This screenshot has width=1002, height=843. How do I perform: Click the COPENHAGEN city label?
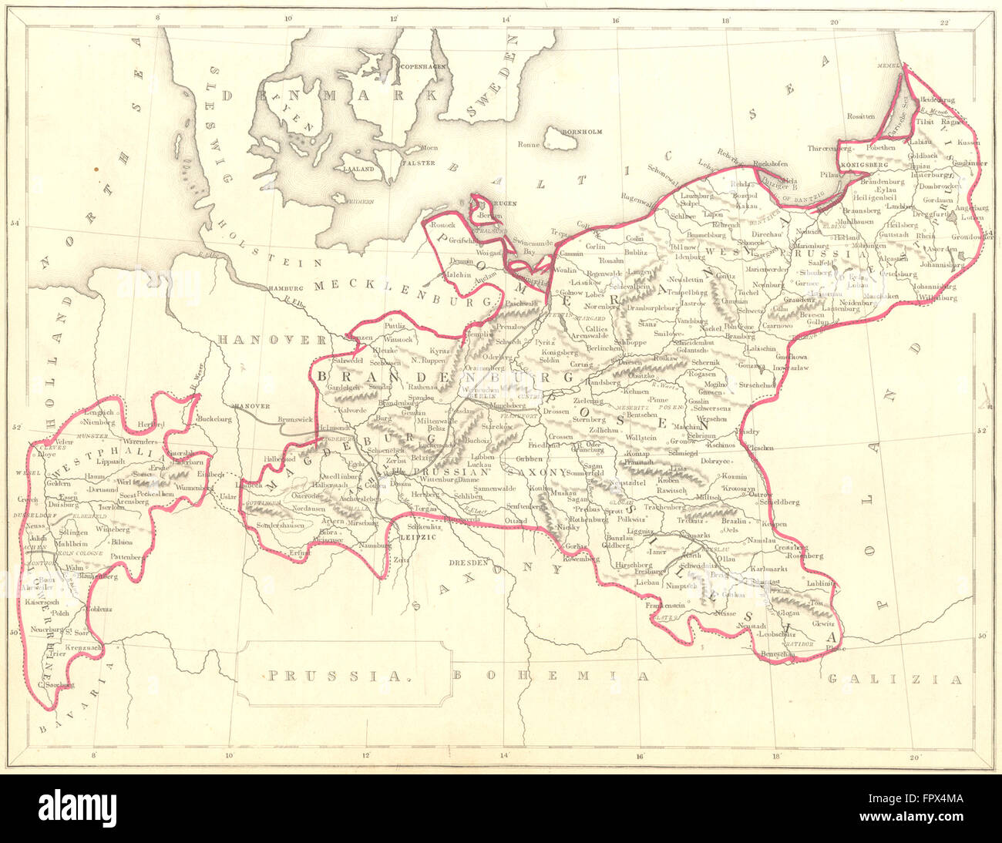[422, 68]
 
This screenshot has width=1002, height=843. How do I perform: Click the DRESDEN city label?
[468, 563]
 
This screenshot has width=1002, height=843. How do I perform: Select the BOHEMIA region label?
[550, 676]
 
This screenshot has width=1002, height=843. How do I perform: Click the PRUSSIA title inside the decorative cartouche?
[334, 676]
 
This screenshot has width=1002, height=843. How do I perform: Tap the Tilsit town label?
[925, 122]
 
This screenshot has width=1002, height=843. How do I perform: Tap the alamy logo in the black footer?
[76, 810]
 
